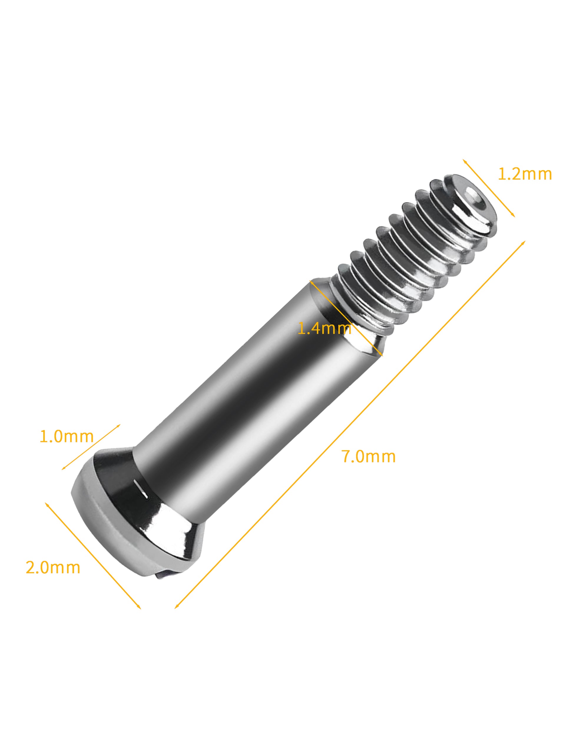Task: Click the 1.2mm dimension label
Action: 525,174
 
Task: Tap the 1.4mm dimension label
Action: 324,328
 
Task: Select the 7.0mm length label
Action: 368,456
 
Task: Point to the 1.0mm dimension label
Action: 67,436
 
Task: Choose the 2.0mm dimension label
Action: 53,568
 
